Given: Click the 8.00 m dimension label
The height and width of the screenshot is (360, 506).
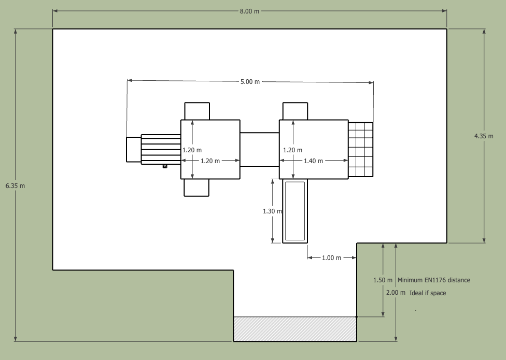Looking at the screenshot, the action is [x=249, y=11].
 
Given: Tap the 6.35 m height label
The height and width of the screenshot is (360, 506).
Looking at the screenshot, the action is [x=15, y=186].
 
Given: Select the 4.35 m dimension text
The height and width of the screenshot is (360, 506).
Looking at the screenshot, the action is [x=484, y=136].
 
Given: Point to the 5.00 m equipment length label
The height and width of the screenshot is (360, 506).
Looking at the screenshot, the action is [x=250, y=82].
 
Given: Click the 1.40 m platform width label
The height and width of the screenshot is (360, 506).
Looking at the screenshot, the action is [x=313, y=161].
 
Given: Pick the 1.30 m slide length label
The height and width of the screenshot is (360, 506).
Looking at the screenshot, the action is [x=272, y=211].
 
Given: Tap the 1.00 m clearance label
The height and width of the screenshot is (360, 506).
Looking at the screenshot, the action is [x=331, y=258].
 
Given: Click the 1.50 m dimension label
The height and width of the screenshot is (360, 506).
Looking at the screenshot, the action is [x=383, y=280].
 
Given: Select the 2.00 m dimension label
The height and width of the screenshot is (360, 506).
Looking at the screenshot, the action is [x=396, y=293].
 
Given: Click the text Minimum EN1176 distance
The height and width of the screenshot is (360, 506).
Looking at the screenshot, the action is [x=434, y=280].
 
